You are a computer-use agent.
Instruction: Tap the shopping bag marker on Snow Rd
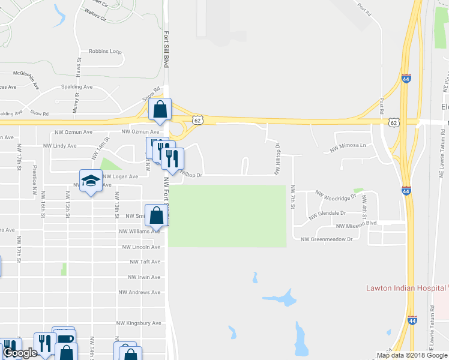tap(160, 110)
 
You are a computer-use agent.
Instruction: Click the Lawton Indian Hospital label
tap(406, 288)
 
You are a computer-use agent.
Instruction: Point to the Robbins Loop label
tap(105, 52)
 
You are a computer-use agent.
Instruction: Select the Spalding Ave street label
tap(77, 87)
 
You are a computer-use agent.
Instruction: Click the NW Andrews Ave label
tap(139, 292)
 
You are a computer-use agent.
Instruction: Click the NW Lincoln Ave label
tap(141, 247)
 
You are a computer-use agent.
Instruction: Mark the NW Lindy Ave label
tap(60, 146)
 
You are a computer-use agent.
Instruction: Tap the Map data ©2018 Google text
tap(411, 355)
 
